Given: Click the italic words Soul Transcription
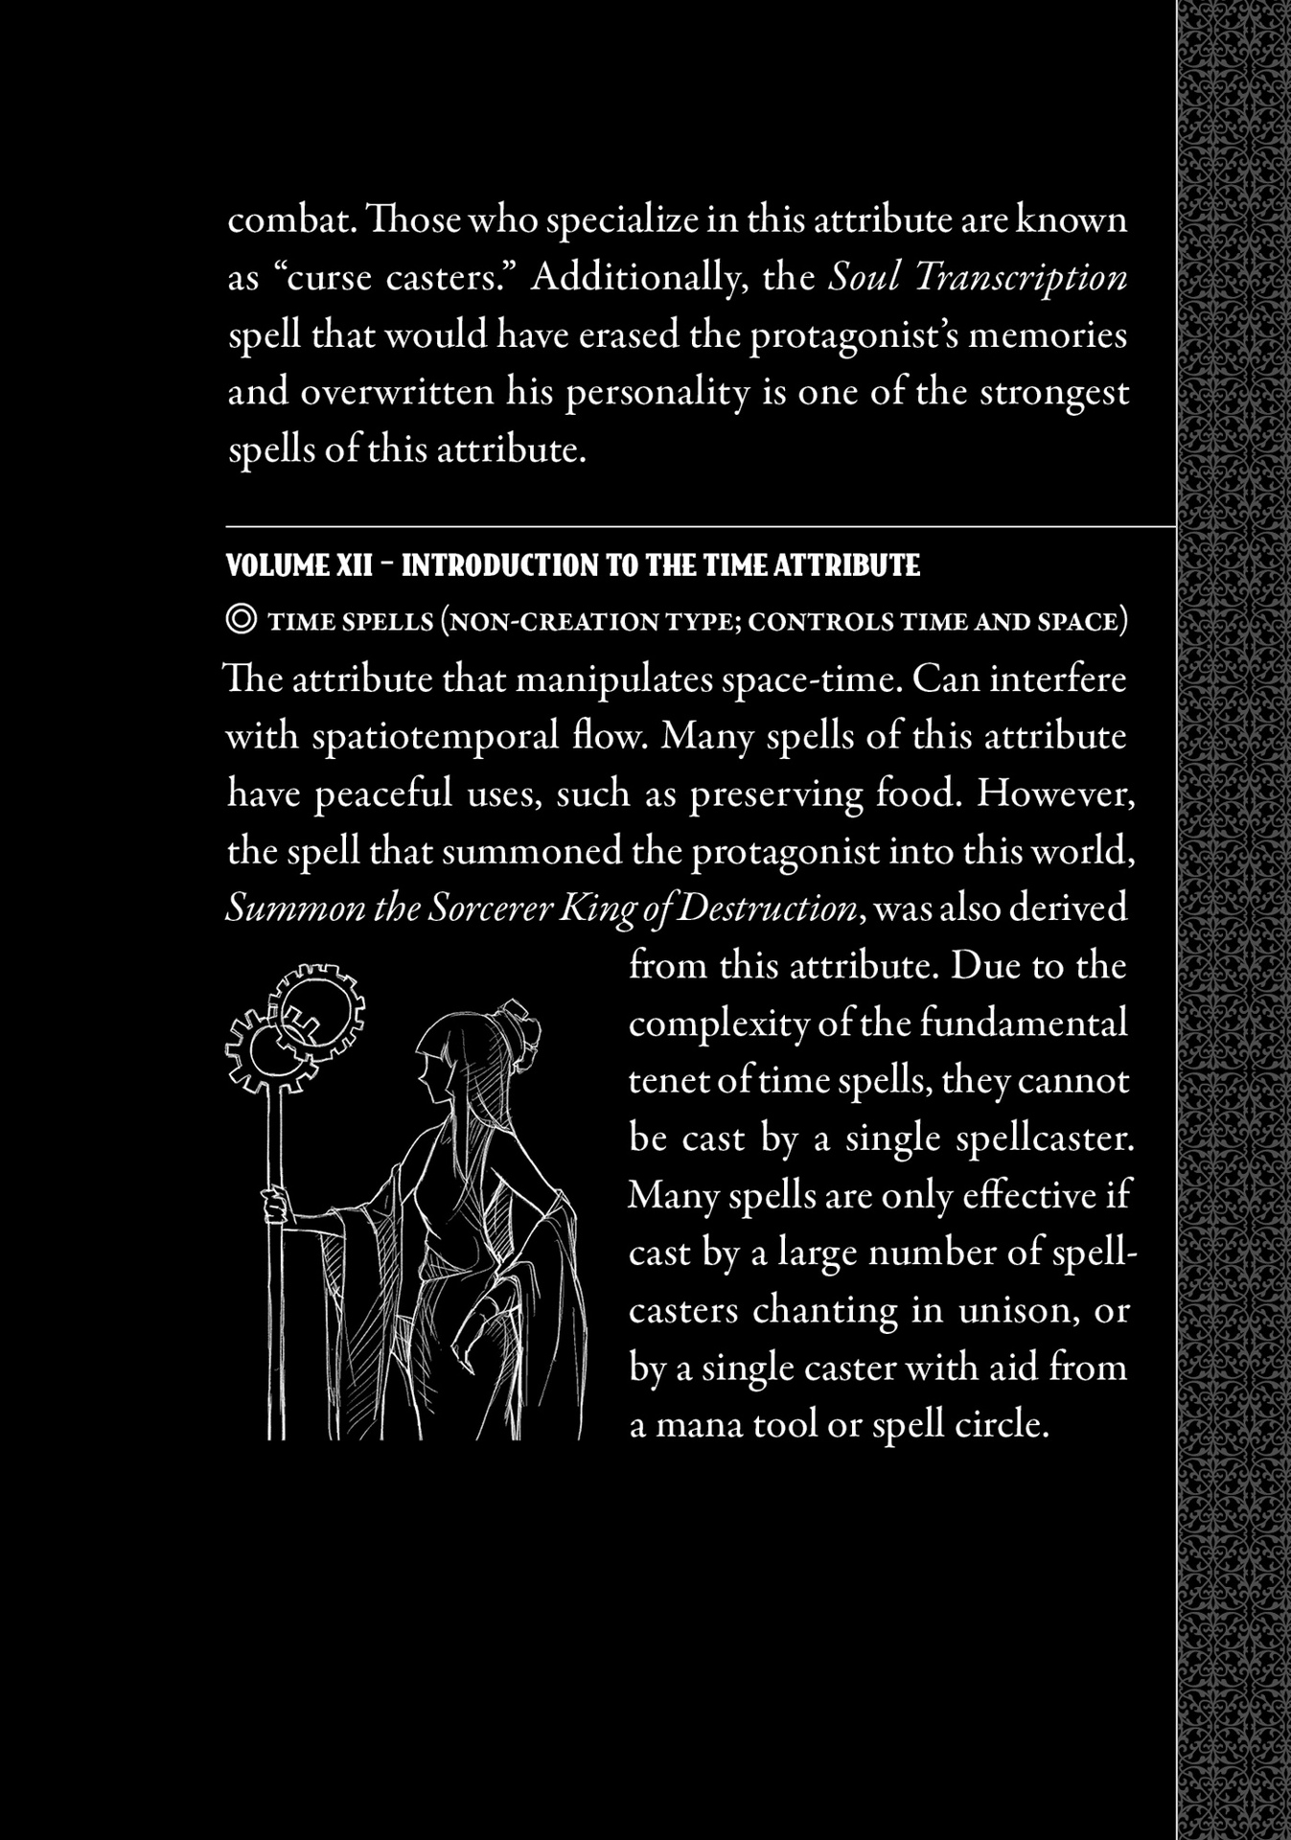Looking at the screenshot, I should point(978,278).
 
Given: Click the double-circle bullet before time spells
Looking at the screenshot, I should point(241,620).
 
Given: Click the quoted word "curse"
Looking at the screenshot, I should point(324,278).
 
